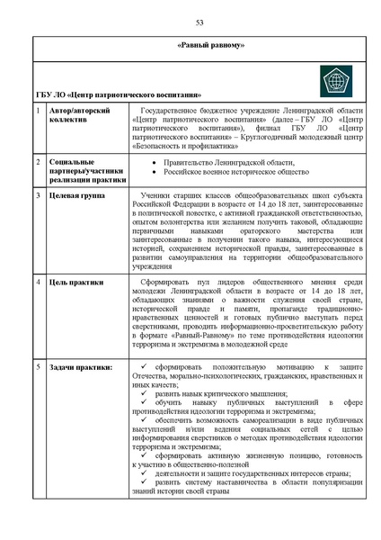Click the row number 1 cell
(38, 110)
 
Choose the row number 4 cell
(38, 283)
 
